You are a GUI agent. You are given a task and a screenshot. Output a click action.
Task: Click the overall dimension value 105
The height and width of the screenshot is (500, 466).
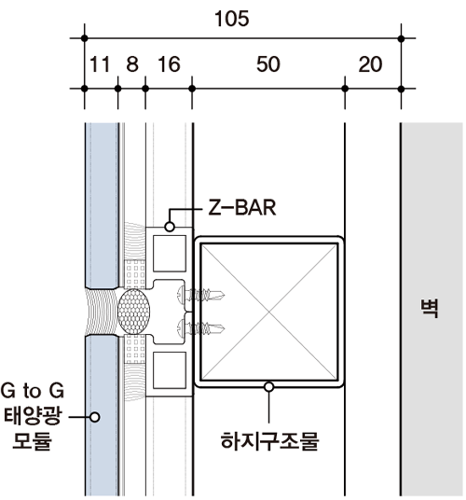click(x=231, y=19)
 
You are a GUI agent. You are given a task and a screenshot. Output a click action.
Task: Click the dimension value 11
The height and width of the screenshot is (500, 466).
click(x=100, y=64)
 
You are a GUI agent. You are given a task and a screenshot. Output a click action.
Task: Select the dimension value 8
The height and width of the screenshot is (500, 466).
click(x=132, y=64)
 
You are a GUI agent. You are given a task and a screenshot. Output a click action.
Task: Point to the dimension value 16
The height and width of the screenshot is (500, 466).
click(x=169, y=64)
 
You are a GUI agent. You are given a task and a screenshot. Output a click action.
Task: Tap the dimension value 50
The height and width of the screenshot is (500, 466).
click(x=268, y=64)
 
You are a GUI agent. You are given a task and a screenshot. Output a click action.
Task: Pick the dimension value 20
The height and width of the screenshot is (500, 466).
click(x=370, y=64)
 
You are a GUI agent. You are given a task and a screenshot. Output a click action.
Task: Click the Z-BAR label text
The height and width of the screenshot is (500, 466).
click(x=242, y=208)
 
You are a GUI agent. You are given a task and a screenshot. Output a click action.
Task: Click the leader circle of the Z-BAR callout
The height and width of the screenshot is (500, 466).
click(x=170, y=227)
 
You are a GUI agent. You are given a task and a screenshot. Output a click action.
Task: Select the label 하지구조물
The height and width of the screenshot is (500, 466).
click(x=269, y=441)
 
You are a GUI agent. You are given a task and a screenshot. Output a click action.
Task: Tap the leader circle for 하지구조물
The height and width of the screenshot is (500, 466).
click(x=269, y=387)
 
